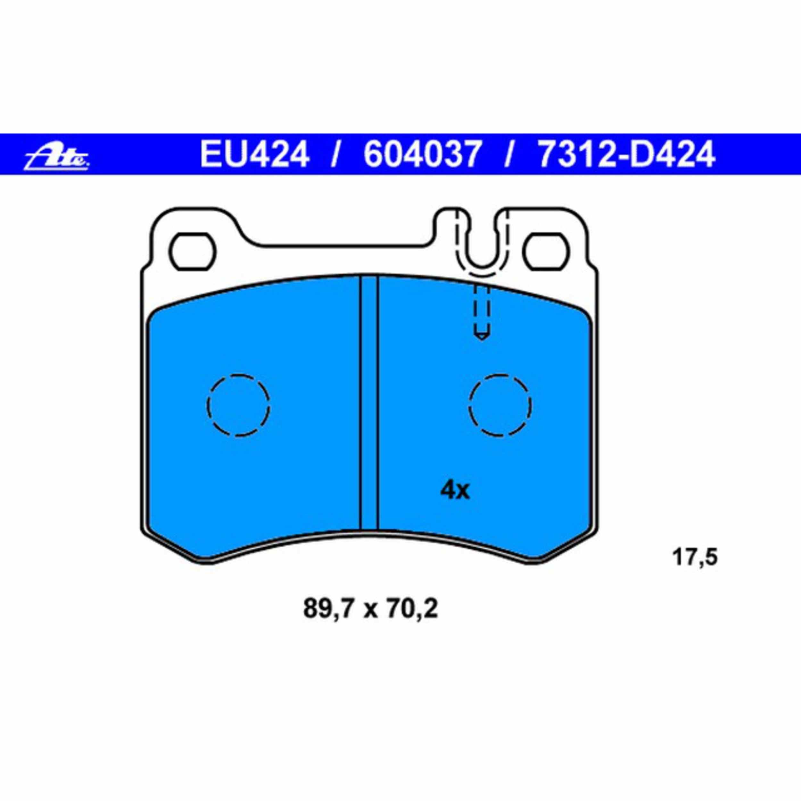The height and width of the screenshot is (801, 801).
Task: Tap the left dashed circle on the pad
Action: tap(238, 405)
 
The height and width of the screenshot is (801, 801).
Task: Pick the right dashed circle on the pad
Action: tap(501, 405)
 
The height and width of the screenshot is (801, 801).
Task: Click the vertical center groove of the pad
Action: tap(369, 402)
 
